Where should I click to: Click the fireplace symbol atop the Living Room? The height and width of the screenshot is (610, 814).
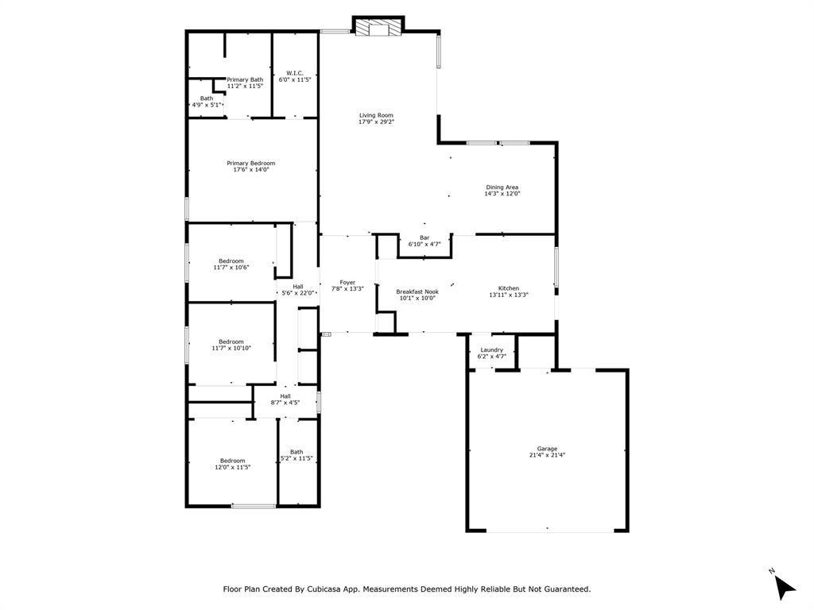(378, 29)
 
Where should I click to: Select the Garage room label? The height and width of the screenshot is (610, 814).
(547, 449)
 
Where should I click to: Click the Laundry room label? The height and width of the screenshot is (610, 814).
(491, 350)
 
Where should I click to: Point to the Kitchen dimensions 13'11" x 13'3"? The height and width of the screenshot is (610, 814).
(509, 295)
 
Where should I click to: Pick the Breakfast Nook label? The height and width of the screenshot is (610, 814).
(417, 291)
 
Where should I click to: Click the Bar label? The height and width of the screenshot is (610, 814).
(424, 237)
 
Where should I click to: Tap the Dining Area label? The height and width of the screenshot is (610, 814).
(502, 187)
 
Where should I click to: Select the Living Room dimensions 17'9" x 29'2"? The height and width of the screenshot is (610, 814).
(376, 122)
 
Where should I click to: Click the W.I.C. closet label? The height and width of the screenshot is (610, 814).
(294, 73)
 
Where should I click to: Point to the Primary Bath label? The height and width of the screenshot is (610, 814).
(245, 79)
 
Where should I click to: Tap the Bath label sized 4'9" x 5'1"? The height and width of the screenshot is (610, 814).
(206, 98)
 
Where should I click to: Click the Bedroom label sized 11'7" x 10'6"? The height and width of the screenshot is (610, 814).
(231, 261)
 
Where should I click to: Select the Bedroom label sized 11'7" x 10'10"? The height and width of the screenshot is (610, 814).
(231, 342)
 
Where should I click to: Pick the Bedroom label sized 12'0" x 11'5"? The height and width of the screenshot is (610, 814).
(232, 461)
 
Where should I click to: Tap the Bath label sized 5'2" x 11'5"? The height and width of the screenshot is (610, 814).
(297, 452)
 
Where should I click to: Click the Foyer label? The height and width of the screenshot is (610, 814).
(347, 282)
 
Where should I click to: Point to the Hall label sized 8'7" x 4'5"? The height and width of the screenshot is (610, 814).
(285, 396)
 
